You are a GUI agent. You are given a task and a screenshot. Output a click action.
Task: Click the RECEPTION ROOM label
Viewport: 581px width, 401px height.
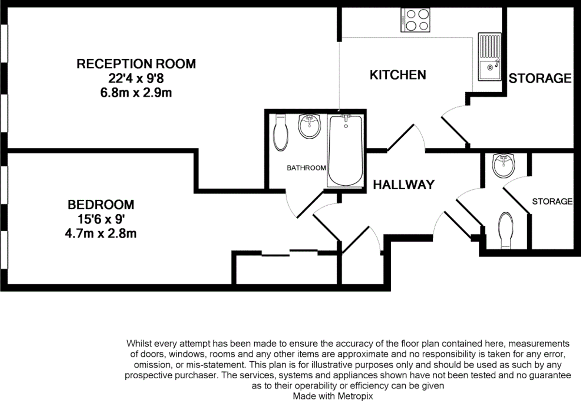click(x=136, y=64)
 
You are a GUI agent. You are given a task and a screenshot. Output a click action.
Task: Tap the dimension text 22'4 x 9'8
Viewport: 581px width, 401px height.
click(x=136, y=78)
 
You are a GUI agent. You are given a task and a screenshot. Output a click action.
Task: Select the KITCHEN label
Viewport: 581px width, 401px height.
click(x=398, y=75)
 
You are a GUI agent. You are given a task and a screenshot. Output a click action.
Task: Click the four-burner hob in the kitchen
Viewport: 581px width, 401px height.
click(x=415, y=20)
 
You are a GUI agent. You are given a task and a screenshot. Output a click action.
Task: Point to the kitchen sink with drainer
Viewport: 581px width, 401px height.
click(x=489, y=56)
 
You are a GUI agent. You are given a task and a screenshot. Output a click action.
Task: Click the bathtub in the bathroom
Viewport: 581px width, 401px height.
click(x=344, y=151)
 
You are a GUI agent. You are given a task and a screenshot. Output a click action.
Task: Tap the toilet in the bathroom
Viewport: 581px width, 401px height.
click(x=280, y=132)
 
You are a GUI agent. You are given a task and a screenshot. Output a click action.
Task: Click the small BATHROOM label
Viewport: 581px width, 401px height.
click(x=306, y=168)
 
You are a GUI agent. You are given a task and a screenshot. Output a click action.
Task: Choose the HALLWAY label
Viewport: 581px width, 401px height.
click(x=403, y=185)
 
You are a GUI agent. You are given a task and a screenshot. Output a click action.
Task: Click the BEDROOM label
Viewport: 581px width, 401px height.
click(x=101, y=204)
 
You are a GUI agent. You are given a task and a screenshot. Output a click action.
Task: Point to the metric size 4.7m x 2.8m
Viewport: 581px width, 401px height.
click(x=101, y=233)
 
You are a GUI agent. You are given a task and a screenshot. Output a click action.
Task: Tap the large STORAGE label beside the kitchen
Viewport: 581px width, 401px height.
click(x=540, y=78)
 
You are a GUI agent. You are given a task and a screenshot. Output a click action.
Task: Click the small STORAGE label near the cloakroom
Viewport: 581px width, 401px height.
click(x=552, y=201)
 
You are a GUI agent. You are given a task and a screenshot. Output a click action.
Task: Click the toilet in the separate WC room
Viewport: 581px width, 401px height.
click(x=505, y=229)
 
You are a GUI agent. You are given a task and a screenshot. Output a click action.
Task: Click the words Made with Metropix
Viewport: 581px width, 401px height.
click(x=333, y=396)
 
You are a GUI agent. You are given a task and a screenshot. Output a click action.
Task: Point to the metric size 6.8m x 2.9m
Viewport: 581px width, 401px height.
click(x=136, y=93)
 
